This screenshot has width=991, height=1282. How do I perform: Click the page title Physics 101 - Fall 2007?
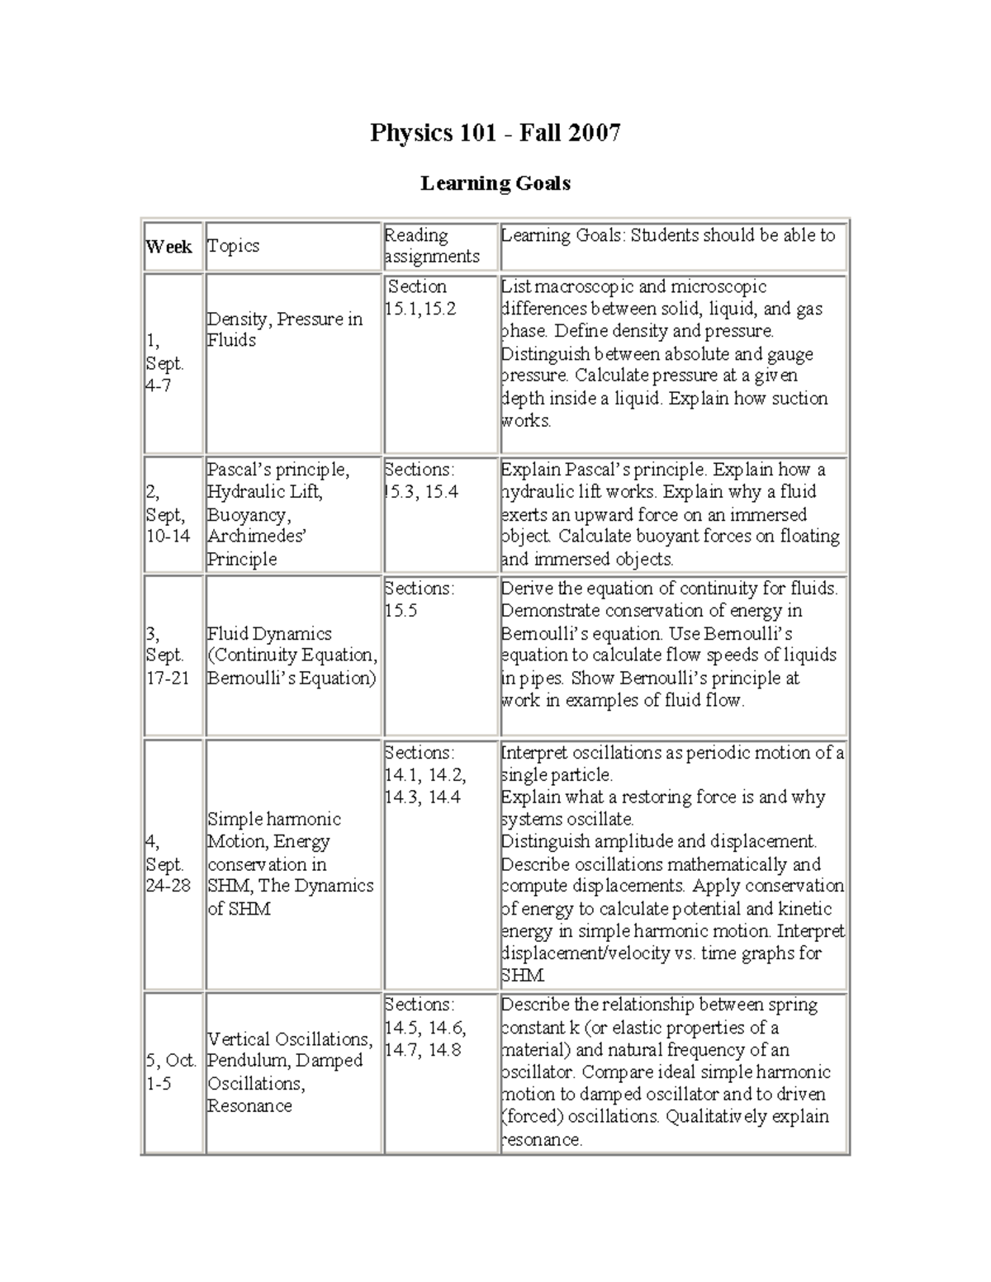(495, 133)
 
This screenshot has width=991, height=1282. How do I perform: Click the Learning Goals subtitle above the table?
(495, 183)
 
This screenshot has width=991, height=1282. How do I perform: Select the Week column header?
(168, 246)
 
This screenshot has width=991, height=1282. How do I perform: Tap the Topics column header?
(234, 246)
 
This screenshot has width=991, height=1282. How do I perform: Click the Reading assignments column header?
(432, 246)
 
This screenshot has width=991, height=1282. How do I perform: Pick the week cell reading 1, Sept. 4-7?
(164, 363)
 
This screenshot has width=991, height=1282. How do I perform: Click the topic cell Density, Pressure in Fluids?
(284, 329)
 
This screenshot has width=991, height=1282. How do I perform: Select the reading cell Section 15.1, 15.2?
(420, 297)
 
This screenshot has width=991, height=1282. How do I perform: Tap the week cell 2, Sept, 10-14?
(168, 513)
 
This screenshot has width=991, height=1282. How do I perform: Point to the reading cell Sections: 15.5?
(419, 599)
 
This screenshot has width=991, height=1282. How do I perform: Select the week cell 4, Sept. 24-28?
(168, 863)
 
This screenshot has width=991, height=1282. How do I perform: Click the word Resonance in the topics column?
(249, 1105)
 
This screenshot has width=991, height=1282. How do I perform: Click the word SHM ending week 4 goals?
(522, 976)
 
